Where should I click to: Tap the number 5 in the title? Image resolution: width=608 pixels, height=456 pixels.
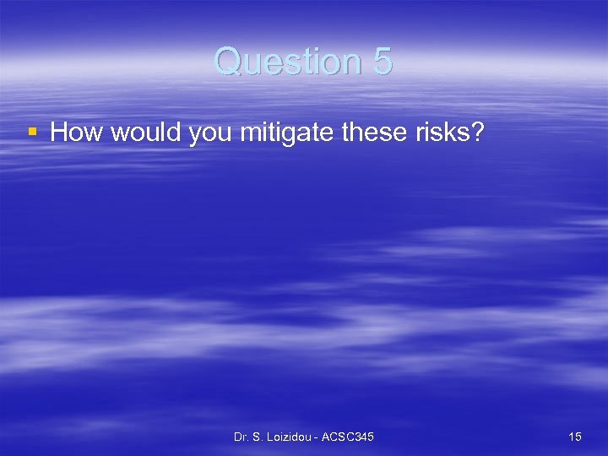tap(381, 62)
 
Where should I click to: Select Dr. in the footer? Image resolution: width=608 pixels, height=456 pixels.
tap(242, 437)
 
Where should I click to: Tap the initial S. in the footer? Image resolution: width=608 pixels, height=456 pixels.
tap(257, 437)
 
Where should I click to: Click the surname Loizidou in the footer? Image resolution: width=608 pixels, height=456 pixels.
tap(289, 437)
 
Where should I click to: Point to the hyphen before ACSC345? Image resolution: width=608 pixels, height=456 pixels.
tap(317, 437)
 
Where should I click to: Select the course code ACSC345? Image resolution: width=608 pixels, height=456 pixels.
tap(348, 437)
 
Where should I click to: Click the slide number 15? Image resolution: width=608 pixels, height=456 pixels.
tap(575, 437)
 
